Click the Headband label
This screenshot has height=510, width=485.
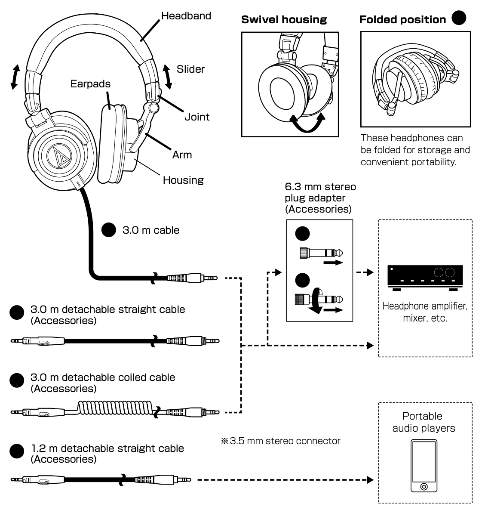(x=186, y=16)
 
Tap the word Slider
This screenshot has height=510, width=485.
(x=190, y=69)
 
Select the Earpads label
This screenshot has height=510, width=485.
(x=90, y=83)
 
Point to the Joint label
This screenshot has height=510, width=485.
(x=197, y=117)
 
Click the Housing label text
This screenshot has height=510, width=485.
(x=183, y=180)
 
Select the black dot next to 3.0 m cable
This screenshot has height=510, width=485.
(x=108, y=230)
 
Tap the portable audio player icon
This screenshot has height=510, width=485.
(x=424, y=466)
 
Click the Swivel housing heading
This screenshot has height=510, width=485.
(x=284, y=20)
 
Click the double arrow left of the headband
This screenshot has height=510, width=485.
(x=15, y=77)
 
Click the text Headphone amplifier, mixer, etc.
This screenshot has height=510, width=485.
(x=424, y=312)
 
